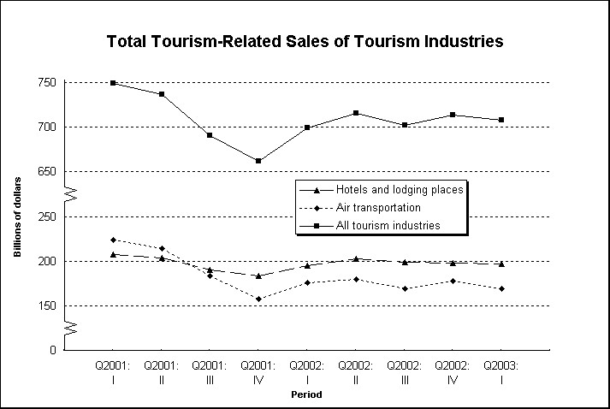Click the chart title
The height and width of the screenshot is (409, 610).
tap(304, 41)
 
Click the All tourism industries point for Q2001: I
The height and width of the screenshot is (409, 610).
tap(112, 83)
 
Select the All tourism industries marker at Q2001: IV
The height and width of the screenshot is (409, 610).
tap(258, 161)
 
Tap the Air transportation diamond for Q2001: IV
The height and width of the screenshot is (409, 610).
tap(258, 299)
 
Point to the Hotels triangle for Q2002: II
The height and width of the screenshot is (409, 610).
tap(355, 258)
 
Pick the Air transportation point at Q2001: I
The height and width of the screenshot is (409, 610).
tap(112, 240)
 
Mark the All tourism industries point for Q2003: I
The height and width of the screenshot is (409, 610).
tap(500, 120)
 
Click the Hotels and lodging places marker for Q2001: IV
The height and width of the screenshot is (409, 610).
tap(258, 276)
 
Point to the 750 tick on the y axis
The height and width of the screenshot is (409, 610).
tap(46, 83)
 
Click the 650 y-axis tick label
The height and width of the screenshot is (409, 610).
tap(46, 172)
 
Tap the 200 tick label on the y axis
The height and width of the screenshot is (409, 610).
tap(46, 261)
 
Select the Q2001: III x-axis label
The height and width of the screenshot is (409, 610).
tap(210, 372)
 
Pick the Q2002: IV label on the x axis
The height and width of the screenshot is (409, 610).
tap(452, 372)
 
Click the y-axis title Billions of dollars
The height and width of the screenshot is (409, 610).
tap(17, 216)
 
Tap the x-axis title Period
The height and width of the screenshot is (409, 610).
tap(305, 395)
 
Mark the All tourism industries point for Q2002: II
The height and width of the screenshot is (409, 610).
tap(355, 113)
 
